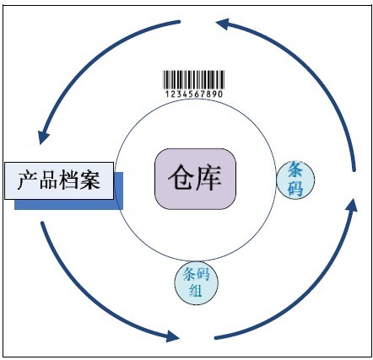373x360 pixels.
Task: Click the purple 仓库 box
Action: coord(195,179)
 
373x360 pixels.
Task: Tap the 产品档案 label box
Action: coord(59,181)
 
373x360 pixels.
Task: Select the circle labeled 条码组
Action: coord(196,282)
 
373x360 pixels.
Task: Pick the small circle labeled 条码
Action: coord(295,180)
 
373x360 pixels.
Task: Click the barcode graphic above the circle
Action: coord(193,80)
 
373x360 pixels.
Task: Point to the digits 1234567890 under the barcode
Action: coord(193,94)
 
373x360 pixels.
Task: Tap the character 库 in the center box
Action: coord(208,178)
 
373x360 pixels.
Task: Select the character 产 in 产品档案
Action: coord(28,180)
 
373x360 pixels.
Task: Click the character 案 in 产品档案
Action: coord(90,180)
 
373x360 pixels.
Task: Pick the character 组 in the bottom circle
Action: coord(196,291)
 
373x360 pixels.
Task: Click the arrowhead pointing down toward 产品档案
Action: coord(43,137)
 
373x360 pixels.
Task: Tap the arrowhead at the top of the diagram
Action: coord(224,24)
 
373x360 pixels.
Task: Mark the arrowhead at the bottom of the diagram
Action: coord(172,336)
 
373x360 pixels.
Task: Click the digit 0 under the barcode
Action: coord(220,94)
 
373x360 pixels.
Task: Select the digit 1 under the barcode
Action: coord(167,94)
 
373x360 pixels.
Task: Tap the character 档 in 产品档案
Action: coord(69,180)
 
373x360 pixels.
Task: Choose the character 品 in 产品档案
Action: coord(49,180)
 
